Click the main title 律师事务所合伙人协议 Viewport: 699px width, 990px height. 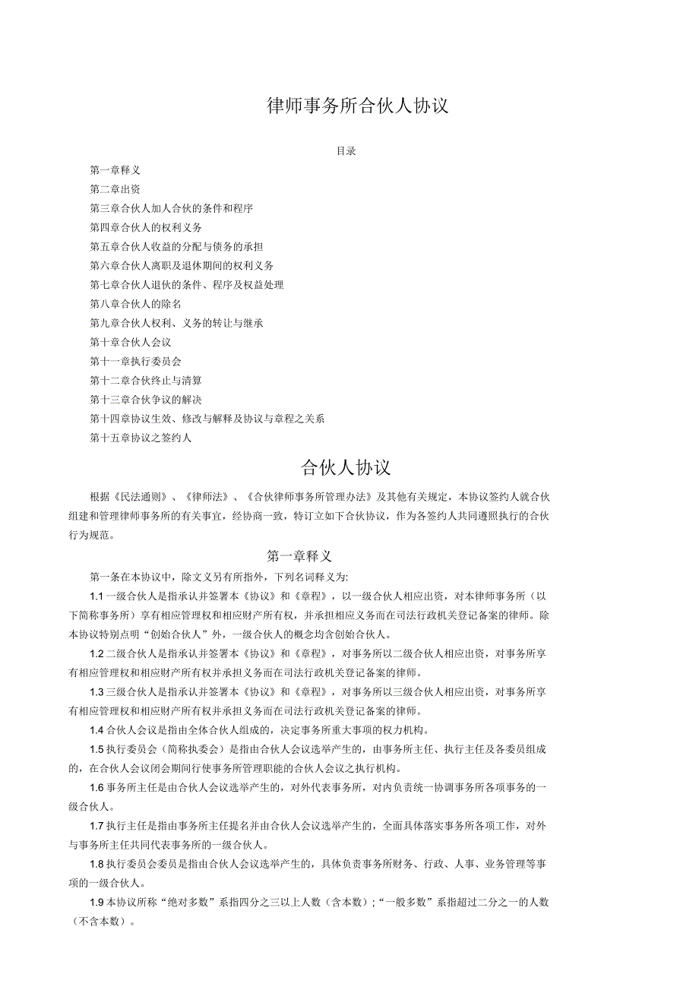[x=358, y=106]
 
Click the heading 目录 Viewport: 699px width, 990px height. [x=346, y=151]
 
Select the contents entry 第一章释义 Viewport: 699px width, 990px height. [x=115, y=170]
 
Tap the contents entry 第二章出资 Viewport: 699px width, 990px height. [x=115, y=189]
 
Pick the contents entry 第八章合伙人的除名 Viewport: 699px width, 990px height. [x=135, y=304]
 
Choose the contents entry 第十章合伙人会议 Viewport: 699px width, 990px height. [x=130, y=342]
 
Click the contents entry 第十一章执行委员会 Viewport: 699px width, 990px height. [x=135, y=361]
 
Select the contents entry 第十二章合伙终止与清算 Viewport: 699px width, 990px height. [x=146, y=380]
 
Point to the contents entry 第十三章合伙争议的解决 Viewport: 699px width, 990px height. [x=146, y=399]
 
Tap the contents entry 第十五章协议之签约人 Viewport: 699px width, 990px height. [x=141, y=438]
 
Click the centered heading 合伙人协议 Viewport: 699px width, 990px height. [x=346, y=467]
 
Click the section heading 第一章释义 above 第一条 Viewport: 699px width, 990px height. [x=299, y=556]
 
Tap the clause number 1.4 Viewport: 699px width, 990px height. [x=96, y=730]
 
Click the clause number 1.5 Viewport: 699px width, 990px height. [x=96, y=749]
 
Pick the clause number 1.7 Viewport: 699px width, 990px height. [x=96, y=825]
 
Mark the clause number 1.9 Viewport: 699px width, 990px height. [x=96, y=903]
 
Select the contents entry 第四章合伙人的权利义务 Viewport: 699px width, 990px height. [x=146, y=227]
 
